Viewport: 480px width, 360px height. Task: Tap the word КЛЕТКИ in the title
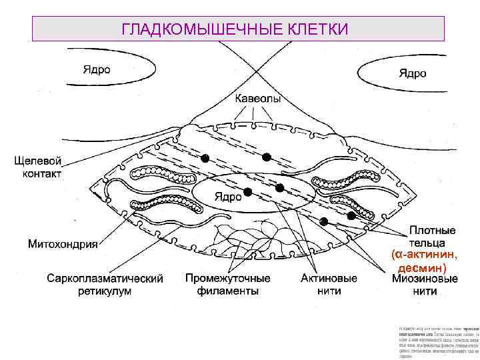click(312, 29)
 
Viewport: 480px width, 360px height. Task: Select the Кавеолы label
click(257, 98)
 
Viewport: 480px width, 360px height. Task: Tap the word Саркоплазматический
click(105, 278)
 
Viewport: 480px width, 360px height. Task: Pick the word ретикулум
click(104, 291)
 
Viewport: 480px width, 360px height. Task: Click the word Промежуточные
click(227, 278)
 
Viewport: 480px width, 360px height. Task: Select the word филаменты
click(228, 291)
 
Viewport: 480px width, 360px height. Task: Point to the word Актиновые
click(329, 278)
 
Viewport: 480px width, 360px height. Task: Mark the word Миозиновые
click(425, 278)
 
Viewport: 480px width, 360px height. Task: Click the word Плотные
click(433, 229)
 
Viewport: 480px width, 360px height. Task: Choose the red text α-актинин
click(425, 254)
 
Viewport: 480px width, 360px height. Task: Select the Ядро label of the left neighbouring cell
click(97, 68)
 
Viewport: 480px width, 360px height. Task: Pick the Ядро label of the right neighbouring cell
click(413, 73)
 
